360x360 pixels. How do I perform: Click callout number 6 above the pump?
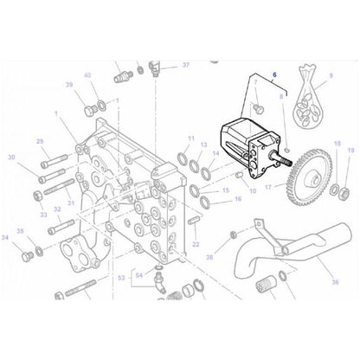(x=275, y=75)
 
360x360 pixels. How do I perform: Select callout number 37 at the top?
(x=186, y=65)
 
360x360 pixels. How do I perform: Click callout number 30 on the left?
(x=11, y=157)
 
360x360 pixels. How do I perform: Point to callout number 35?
(x=20, y=232)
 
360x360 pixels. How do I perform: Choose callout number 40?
(x=87, y=76)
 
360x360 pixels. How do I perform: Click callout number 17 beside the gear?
(x=269, y=186)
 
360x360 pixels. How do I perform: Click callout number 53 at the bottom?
(x=123, y=279)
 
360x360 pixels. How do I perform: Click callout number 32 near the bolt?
(x=57, y=209)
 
